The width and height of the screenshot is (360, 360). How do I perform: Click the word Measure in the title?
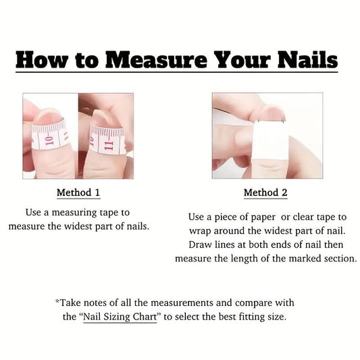click(156, 60)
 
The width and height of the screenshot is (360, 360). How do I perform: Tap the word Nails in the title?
click(307, 59)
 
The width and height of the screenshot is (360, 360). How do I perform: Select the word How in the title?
click(42, 60)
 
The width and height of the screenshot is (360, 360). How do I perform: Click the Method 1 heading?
click(78, 192)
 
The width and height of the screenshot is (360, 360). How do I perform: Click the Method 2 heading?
click(265, 192)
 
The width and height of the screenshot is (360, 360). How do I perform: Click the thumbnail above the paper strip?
click(271, 113)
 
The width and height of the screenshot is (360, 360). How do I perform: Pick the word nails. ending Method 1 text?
click(137, 226)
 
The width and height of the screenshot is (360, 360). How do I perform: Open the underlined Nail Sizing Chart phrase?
click(120, 317)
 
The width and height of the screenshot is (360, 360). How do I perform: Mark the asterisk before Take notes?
click(57, 301)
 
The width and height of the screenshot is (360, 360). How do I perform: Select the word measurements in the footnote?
click(182, 303)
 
